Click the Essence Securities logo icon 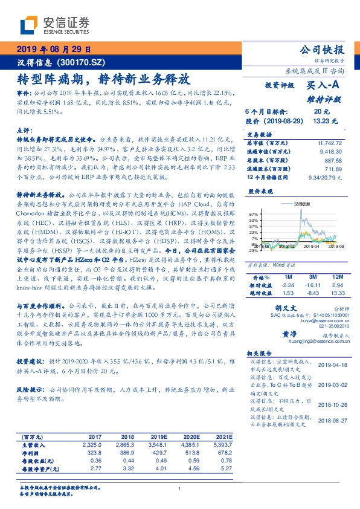28,26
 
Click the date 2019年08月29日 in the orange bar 53,50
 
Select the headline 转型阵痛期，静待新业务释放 104,79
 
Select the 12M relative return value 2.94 337,284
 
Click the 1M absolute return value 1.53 288,293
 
